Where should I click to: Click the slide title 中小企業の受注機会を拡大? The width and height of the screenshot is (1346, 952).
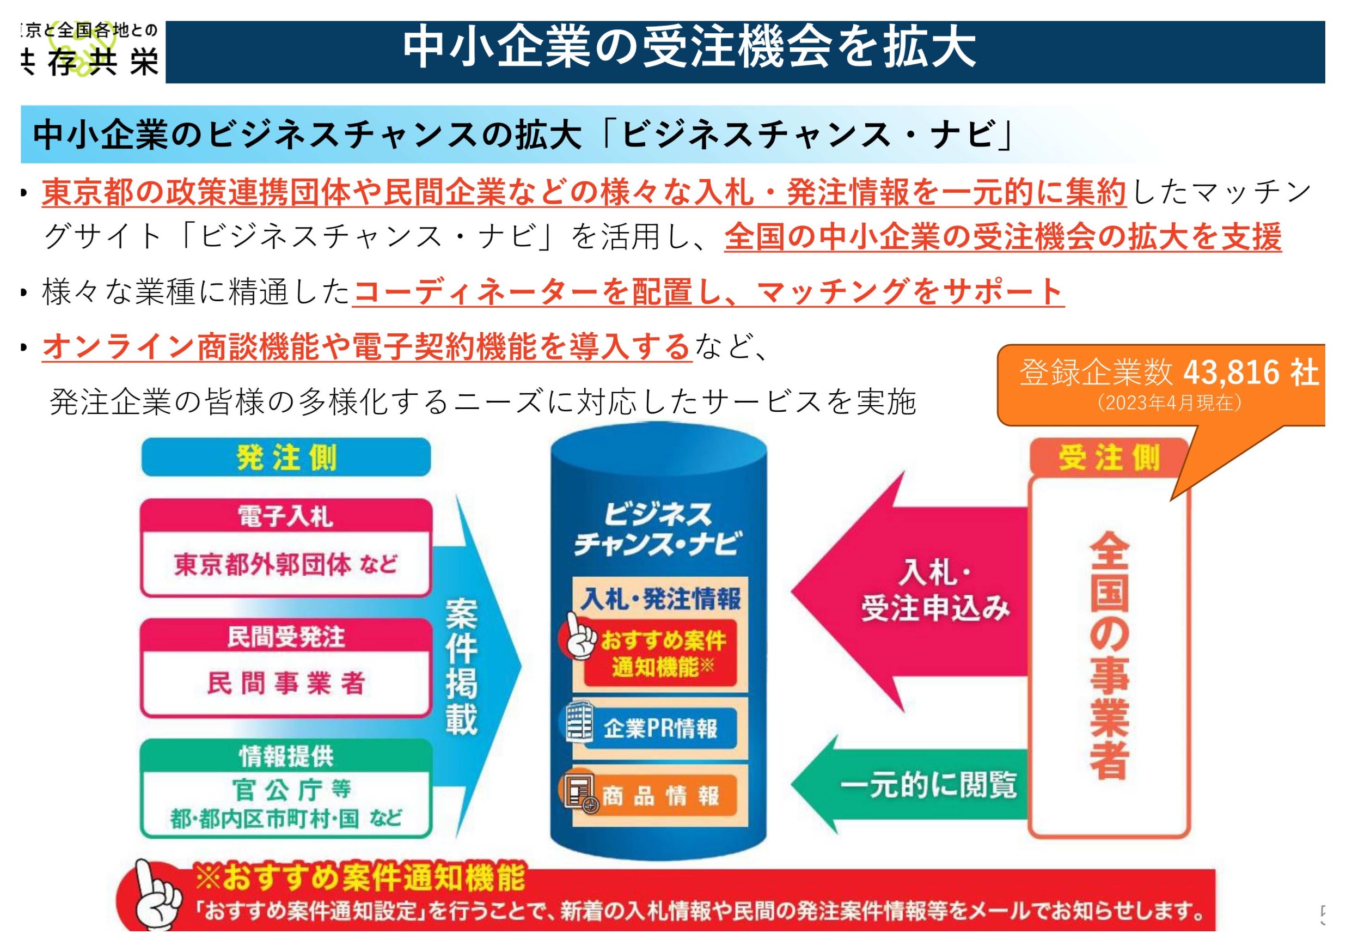coord(689,48)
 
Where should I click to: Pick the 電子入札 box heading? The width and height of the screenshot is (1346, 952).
coord(286,516)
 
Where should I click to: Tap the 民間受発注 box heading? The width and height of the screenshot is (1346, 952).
coord(286,637)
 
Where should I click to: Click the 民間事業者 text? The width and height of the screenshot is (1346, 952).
coord(286,684)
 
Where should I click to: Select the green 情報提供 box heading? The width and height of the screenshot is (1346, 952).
coord(286,756)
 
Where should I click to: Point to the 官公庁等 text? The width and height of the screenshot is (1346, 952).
coord(291,790)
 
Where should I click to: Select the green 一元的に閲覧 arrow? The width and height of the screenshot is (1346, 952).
coord(909,785)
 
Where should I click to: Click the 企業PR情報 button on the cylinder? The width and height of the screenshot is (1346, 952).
coord(659,729)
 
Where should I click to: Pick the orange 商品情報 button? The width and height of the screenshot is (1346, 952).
coord(659,796)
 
